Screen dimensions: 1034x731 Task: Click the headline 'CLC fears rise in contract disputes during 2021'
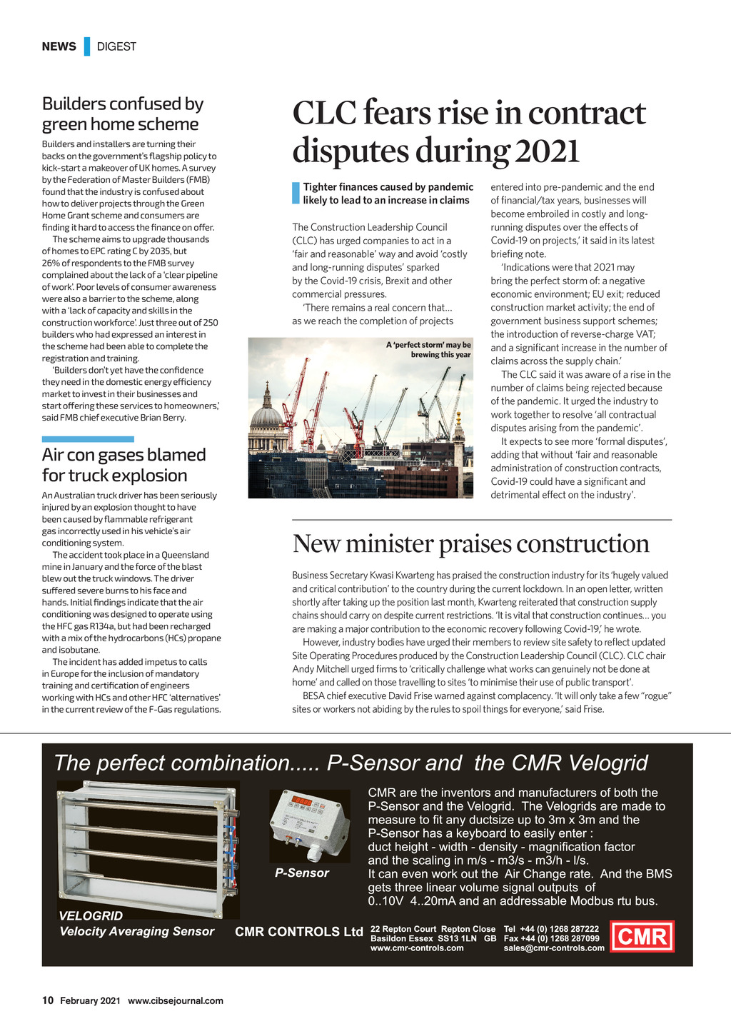[469, 132]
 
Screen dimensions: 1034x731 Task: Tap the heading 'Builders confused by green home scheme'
[122, 114]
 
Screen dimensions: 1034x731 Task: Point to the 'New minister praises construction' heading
[470, 544]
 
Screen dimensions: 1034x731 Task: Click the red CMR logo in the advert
[642, 936]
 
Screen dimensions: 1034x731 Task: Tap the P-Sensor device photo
[309, 825]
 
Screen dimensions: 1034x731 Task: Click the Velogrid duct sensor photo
[148, 849]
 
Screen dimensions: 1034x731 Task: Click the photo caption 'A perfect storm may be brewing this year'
[428, 350]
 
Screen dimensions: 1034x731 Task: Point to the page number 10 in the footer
[48, 1000]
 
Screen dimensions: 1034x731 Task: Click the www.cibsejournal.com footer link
[176, 1001]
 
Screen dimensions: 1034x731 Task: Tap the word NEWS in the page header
[59, 46]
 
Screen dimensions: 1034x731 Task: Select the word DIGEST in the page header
[116, 46]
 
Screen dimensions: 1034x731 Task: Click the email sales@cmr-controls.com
[554, 948]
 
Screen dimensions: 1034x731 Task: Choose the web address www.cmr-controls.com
[417, 948]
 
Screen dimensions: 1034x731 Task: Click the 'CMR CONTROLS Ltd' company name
[299, 932]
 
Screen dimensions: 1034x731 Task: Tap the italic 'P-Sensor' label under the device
[302, 873]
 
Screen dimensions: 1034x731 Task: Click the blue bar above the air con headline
[88, 439]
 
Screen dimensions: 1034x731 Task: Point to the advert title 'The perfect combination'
[351, 763]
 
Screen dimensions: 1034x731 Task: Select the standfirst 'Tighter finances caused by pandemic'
[388, 194]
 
